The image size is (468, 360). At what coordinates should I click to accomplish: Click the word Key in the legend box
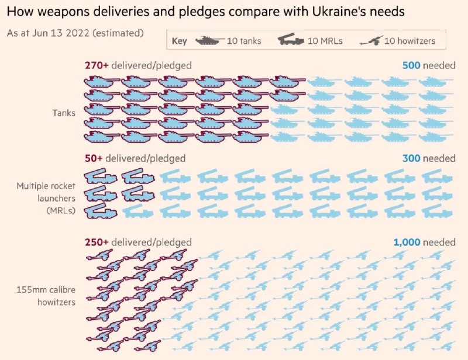click(x=180, y=41)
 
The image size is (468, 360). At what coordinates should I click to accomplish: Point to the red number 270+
click(x=96, y=65)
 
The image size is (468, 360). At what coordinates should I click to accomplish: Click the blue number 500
click(x=411, y=65)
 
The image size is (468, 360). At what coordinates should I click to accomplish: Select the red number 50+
click(x=93, y=158)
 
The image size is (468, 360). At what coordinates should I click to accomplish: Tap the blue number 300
click(x=411, y=158)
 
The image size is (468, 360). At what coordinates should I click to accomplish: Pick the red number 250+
click(x=96, y=242)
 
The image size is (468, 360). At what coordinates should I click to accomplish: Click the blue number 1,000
click(x=406, y=242)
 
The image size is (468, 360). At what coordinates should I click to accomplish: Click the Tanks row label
click(x=64, y=113)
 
